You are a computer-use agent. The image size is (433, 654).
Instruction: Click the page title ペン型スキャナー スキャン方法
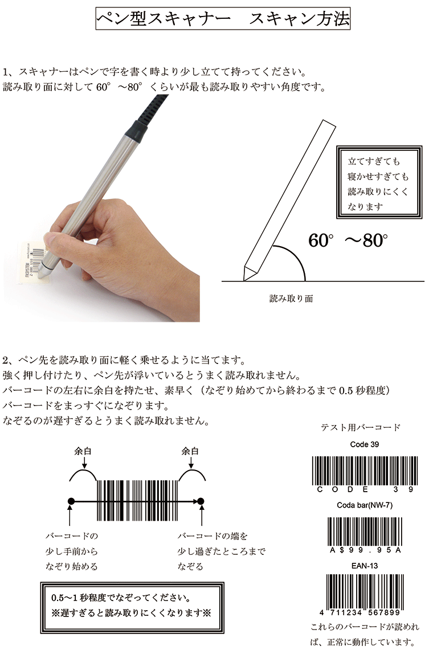(223, 19)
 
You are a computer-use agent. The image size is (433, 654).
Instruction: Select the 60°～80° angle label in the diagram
(348, 240)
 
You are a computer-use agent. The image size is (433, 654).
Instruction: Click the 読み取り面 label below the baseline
(291, 299)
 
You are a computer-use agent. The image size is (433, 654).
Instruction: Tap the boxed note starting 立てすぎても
(379, 182)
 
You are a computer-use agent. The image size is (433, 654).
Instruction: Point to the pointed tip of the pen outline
(244, 280)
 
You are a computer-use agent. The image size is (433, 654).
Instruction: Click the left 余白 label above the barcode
(83, 451)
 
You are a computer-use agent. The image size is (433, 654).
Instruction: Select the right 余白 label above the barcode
(190, 451)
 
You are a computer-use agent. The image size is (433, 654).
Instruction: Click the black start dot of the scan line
(71, 501)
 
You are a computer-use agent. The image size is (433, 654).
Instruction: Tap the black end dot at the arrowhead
(201, 501)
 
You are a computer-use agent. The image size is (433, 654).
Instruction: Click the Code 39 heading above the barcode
(365, 444)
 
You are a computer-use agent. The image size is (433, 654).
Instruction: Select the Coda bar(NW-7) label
(365, 505)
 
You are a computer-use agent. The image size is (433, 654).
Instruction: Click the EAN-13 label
(365, 566)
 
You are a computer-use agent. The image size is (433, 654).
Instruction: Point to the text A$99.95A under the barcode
(365, 550)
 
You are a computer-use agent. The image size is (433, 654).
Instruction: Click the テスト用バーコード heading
(361, 427)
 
